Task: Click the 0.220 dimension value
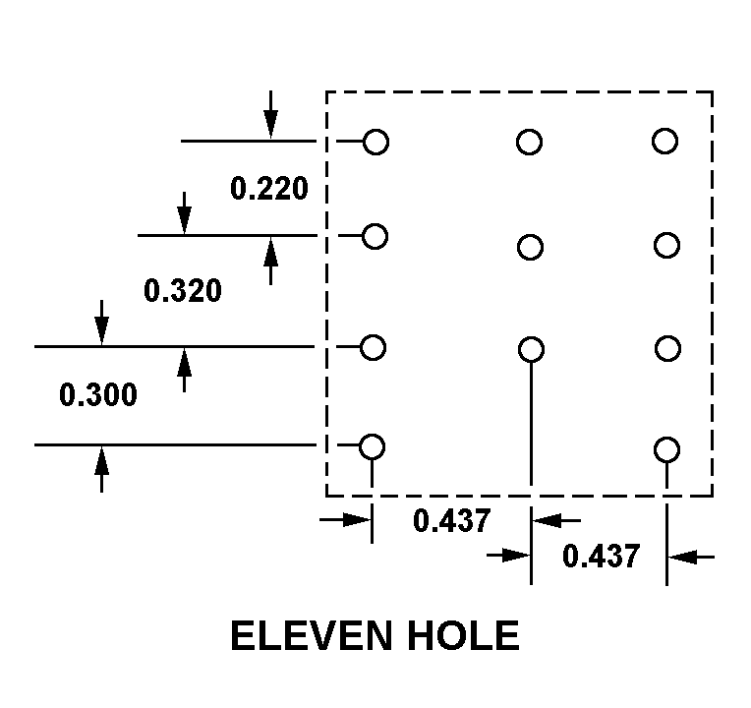[x=269, y=188]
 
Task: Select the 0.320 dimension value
[x=183, y=291]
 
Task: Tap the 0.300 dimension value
[x=98, y=395]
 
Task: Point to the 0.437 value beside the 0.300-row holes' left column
[x=451, y=520]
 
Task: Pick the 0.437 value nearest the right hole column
[x=601, y=557]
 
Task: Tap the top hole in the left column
[x=376, y=143]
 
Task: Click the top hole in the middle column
[x=529, y=143]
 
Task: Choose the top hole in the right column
[x=664, y=142]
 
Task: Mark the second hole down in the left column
[x=375, y=236]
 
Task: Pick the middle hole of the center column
[x=530, y=247]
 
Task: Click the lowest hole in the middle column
[x=531, y=349]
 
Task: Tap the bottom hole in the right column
[x=667, y=450]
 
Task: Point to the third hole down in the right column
[x=667, y=348]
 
